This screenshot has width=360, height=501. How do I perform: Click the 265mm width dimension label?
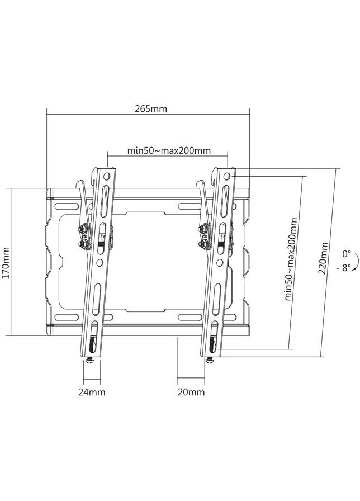(150, 109)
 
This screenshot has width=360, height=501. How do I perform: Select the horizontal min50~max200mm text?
(169, 150)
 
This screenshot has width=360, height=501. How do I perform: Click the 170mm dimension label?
(6, 263)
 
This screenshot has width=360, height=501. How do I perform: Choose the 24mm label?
(92, 392)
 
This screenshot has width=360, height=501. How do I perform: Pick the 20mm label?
(191, 392)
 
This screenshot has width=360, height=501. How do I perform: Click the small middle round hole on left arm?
(99, 262)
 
